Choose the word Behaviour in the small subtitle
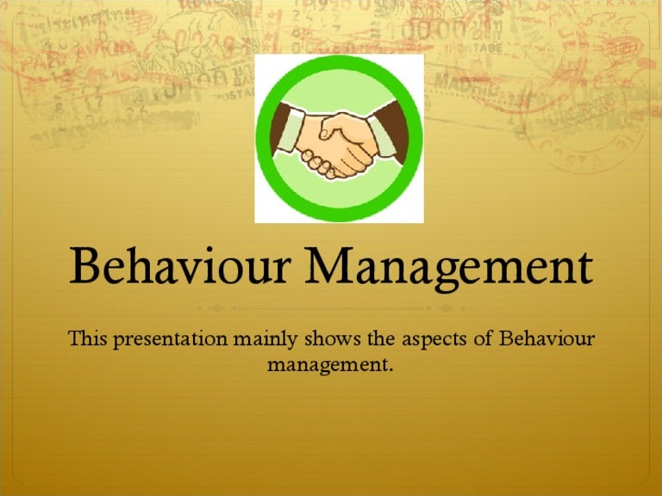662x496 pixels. pyautogui.click(x=546, y=338)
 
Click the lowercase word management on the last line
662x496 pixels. pyautogui.click(x=329, y=366)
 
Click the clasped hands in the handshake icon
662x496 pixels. pyautogui.click(x=341, y=142)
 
